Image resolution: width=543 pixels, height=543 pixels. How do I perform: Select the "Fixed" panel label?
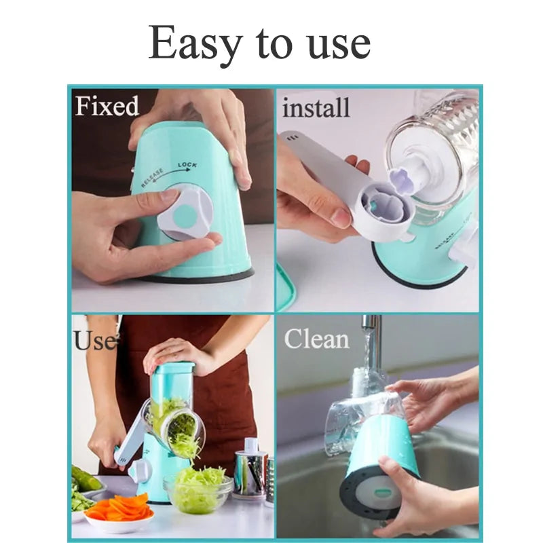[x=107, y=107]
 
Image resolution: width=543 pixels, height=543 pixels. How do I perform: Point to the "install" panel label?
[x=316, y=108]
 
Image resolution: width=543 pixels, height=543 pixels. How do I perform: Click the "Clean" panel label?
[x=316, y=338]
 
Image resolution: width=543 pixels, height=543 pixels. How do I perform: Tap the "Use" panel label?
[x=94, y=339]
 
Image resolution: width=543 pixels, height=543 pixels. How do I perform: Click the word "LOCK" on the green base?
[x=188, y=165]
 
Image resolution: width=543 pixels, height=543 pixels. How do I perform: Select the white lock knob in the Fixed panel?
[x=184, y=214]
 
